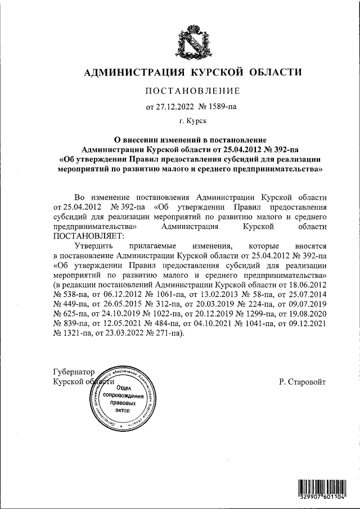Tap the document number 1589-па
coord(217,106)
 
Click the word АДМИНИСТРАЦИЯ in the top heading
coord(135,72)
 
